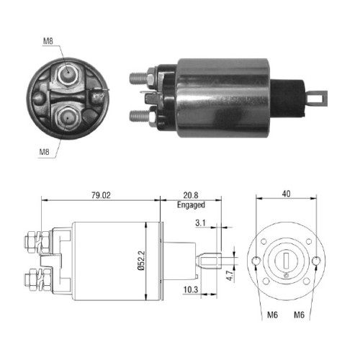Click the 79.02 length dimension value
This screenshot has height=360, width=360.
coord(101,195)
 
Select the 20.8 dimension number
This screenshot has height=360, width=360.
coord(191,195)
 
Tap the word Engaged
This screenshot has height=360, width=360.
coord(191,205)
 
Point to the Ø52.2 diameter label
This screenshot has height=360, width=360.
coord(142,261)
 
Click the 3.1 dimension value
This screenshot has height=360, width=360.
coord(200,223)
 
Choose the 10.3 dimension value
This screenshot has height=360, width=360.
coord(191,290)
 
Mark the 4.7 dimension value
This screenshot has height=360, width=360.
coord(230,276)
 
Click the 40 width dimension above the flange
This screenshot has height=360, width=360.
coord(287,194)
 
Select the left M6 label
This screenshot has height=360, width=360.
coord(272,315)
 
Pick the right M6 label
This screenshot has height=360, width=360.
coord(299,315)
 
